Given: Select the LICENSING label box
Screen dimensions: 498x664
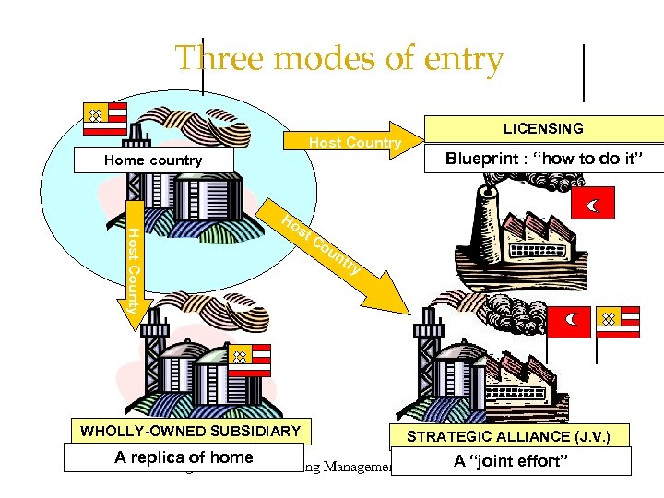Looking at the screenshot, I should click(x=542, y=129).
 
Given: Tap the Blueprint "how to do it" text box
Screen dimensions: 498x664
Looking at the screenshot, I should click(x=541, y=158).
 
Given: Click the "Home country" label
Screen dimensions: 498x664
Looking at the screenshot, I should click(x=153, y=160).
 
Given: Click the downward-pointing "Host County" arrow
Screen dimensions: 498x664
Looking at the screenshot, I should click(x=132, y=267).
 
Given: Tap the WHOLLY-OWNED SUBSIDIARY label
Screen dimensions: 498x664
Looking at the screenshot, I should click(x=191, y=431).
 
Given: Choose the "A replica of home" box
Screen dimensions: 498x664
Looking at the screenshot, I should click(x=184, y=457).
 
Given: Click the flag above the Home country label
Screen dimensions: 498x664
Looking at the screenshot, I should click(x=104, y=117).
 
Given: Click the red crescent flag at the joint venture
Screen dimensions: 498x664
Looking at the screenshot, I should click(x=569, y=320).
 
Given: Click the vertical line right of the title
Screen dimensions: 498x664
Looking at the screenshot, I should click(x=585, y=71).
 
